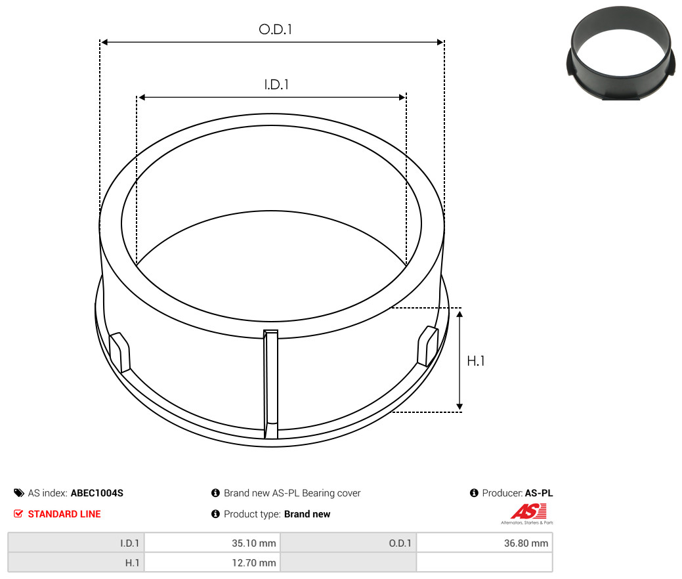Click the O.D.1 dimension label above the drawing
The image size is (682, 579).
coord(275,29)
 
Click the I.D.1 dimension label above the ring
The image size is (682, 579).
coord(276,85)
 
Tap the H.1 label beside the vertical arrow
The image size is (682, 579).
coord(475,360)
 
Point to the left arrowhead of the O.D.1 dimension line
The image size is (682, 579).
coord(104,42)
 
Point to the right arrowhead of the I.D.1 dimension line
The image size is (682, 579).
coord(402,97)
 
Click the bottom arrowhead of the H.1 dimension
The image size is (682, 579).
coord(459,406)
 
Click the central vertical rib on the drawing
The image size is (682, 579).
coord(270,384)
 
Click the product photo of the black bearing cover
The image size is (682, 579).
coord(622,53)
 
